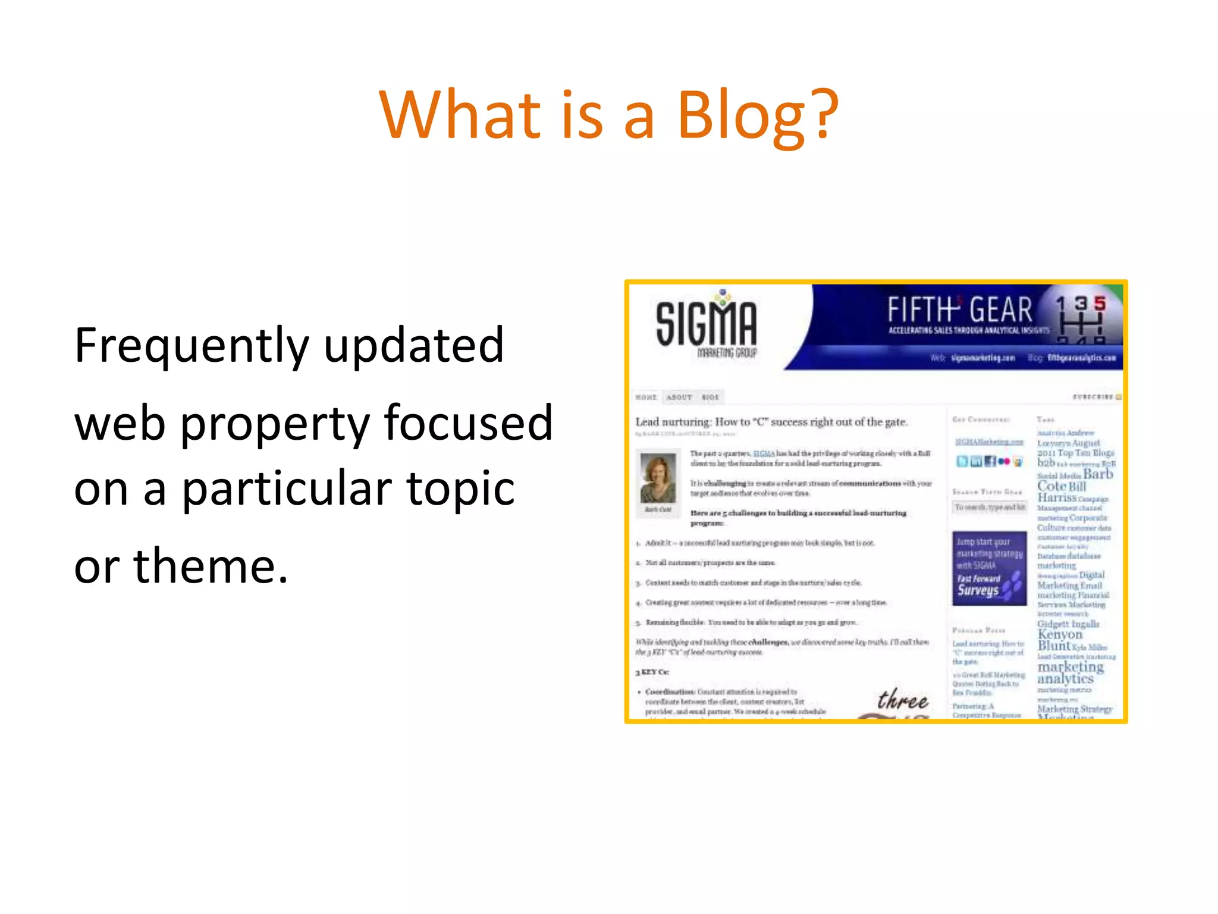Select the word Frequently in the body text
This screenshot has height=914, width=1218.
pyautogui.click(x=192, y=346)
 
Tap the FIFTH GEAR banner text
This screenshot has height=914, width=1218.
pyautogui.click(x=959, y=311)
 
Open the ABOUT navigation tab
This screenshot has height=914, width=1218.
pyautogui.click(x=679, y=397)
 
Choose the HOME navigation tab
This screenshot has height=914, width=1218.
pyautogui.click(x=646, y=397)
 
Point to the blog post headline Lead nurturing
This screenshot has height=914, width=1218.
pyautogui.click(x=771, y=422)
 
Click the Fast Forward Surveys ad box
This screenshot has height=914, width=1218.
pyautogui.click(x=989, y=568)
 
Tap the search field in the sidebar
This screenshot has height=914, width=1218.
pyautogui.click(x=989, y=507)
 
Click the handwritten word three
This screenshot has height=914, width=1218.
pyautogui.click(x=902, y=700)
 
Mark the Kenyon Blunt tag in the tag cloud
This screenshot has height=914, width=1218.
pyautogui.click(x=1060, y=640)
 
